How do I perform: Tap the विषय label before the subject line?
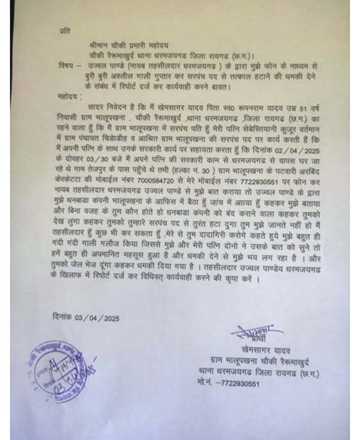pyautogui.click(x=65, y=65)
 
